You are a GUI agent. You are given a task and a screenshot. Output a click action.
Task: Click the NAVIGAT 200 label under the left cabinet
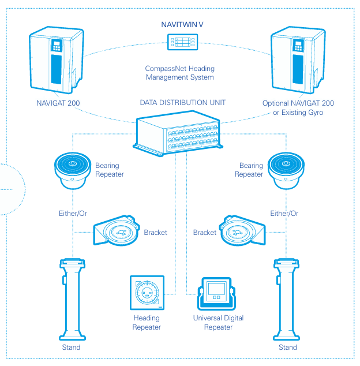coord(57,104)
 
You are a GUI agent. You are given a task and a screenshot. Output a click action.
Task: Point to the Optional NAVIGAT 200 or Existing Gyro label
coord(298,108)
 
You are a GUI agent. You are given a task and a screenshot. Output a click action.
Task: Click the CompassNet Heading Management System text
coord(179,73)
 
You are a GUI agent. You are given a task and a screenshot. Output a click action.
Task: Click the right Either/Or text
coord(284,214)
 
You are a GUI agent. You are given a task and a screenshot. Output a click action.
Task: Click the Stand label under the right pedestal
coord(287,348)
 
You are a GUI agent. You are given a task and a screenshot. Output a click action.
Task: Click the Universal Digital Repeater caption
coord(218,323)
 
